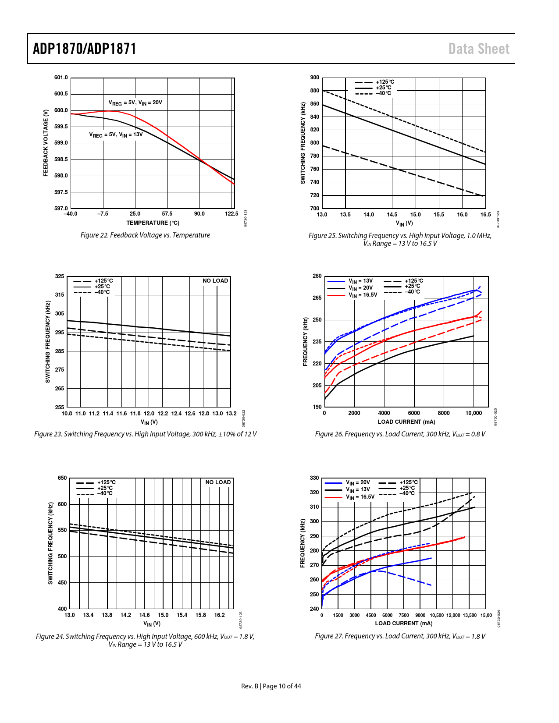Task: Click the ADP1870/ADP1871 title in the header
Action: click(x=85, y=49)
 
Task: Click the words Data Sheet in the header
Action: click(x=479, y=49)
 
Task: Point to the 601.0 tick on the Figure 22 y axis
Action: click(x=61, y=78)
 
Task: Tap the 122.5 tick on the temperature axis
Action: click(x=231, y=214)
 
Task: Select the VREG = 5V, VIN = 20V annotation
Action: click(x=135, y=103)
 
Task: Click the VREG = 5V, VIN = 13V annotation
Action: click(x=116, y=135)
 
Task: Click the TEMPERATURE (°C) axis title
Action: click(x=153, y=223)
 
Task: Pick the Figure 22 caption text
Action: click(x=145, y=235)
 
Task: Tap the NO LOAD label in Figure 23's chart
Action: click(x=215, y=281)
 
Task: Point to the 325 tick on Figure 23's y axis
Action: click(x=60, y=276)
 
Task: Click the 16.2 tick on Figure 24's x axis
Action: click(x=219, y=615)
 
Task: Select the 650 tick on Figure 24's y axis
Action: click(x=62, y=478)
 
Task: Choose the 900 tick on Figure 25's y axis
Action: click(x=315, y=78)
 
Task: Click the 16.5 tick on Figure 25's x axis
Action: click(x=485, y=215)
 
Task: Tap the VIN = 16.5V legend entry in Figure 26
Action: click(x=363, y=295)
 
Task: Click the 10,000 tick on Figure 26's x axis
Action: click(x=474, y=413)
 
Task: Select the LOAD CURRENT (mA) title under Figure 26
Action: click(x=406, y=422)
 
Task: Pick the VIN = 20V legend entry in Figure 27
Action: click(x=358, y=482)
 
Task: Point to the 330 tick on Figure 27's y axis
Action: click(x=314, y=478)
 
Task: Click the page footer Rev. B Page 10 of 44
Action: click(x=271, y=686)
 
